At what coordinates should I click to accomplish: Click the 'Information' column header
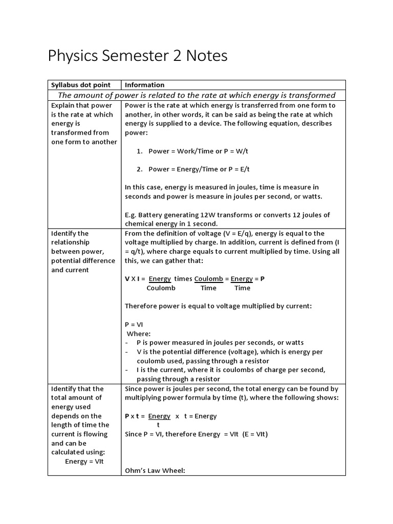145,85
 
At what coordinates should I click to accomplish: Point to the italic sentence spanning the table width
196,95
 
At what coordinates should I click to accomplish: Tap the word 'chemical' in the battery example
139,224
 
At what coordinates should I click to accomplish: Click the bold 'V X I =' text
136,279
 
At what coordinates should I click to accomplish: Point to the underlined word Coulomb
208,279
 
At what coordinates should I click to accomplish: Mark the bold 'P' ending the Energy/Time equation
263,279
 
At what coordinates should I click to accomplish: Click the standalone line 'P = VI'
134,324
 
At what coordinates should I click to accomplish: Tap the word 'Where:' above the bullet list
139,334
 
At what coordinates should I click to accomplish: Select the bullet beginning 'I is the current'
230,370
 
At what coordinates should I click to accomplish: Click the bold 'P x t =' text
135,416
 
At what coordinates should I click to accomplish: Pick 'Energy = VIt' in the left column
84,462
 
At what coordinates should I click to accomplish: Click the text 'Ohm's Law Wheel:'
155,470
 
